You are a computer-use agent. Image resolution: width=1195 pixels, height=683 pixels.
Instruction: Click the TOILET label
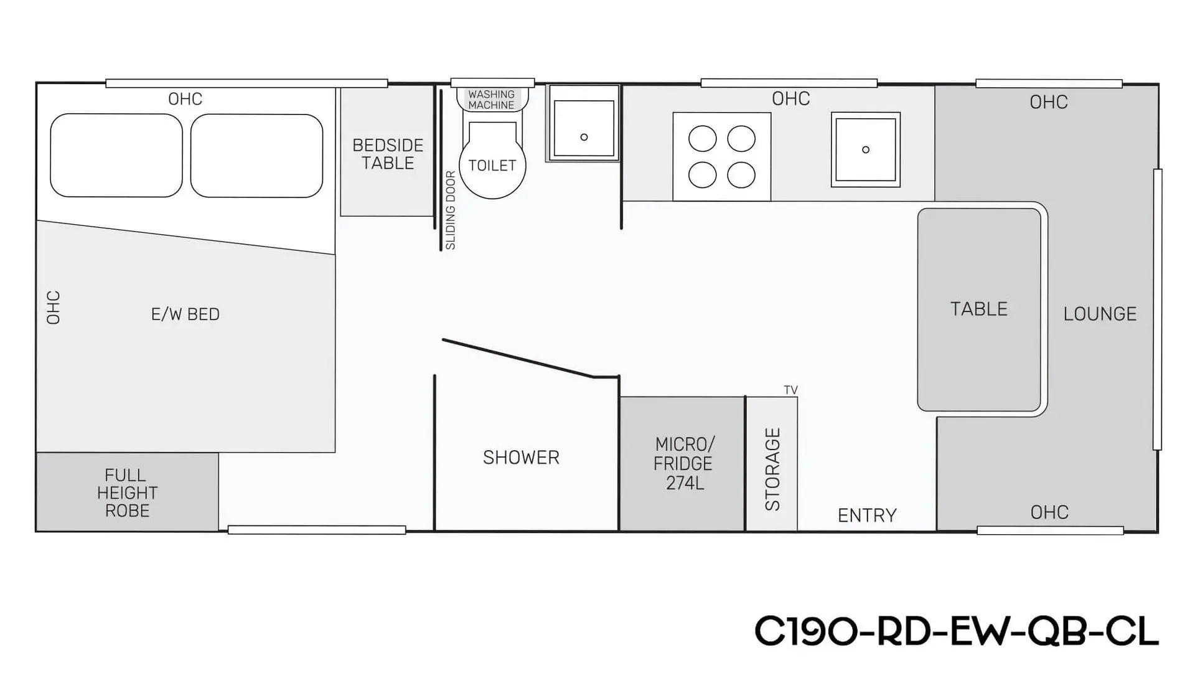point(492,166)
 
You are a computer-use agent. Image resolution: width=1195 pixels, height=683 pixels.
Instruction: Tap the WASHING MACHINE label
point(492,100)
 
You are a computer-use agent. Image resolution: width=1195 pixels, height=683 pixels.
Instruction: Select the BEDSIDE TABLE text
point(388,154)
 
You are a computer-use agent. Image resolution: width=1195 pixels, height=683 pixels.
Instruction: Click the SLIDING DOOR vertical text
point(451,210)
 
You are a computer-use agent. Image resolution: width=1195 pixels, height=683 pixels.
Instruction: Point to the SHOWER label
point(521,458)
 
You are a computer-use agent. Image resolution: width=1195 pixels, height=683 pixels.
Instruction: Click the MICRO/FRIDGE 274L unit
point(682,464)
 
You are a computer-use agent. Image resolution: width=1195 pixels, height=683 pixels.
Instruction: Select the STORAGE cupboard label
point(772,469)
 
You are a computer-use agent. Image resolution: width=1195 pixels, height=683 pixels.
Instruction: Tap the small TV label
point(790,390)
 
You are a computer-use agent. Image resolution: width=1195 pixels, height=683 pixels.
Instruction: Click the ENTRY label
point(867,516)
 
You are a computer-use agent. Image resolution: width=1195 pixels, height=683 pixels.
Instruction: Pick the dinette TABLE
point(979,309)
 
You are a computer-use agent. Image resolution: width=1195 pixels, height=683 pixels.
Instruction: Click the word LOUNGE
point(1100,314)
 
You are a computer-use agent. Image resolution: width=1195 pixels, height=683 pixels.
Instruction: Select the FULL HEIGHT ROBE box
point(128,492)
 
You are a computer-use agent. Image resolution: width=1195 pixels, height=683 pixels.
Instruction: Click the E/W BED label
point(185,314)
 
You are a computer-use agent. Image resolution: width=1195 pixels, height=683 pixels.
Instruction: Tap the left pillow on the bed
point(116,156)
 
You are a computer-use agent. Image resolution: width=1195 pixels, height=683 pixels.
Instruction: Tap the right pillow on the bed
point(256,156)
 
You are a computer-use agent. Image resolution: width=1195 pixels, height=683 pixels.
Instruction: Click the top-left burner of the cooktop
point(702,139)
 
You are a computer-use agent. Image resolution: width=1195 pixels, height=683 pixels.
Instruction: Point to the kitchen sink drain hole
point(866,149)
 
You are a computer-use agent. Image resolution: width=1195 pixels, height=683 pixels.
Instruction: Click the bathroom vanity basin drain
point(584,137)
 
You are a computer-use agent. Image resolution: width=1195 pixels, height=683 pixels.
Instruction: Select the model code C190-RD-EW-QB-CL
point(957,631)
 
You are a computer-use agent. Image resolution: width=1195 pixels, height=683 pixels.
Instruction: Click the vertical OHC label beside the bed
point(54,308)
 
